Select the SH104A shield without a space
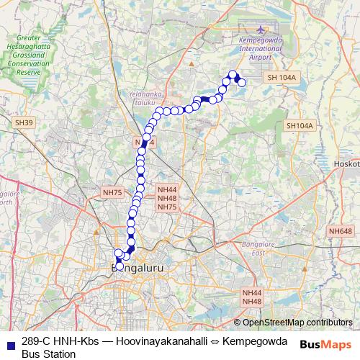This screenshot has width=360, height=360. [300, 126]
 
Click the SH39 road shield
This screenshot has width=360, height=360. [24, 123]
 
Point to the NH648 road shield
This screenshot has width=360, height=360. [341, 230]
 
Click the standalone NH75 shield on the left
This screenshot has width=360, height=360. [113, 192]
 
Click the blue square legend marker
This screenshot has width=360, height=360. [10, 343]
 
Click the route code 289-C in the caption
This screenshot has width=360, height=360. [36, 341]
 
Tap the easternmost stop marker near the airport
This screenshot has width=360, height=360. [242, 83]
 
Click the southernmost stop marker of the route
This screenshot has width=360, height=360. [120, 267]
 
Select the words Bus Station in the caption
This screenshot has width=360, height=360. [48, 354]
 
